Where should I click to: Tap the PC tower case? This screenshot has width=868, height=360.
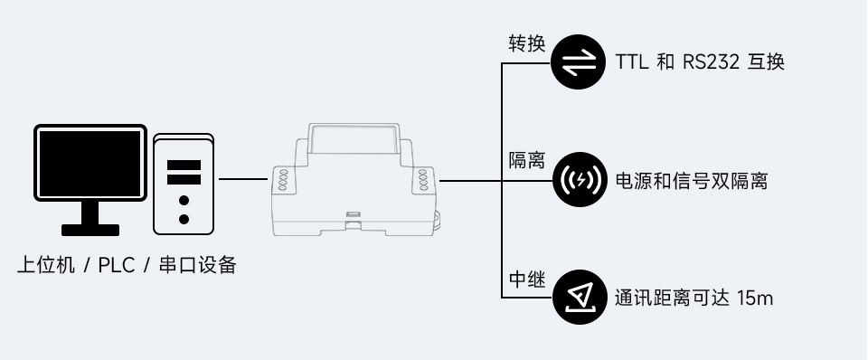[x=184, y=183]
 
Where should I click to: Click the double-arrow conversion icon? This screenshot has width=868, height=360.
[x=579, y=62]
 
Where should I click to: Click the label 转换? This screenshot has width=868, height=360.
[x=525, y=43]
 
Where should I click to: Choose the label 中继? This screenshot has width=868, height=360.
[x=525, y=279]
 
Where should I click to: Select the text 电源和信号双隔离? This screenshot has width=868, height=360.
[x=691, y=181]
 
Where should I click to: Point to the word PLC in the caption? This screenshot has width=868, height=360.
[x=117, y=266]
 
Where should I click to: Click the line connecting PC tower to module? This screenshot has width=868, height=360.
[x=243, y=179]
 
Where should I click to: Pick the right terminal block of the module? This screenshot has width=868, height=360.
[x=423, y=178]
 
